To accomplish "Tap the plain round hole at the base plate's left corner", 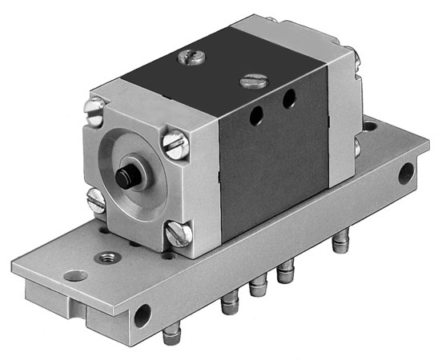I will [x=75, y=275].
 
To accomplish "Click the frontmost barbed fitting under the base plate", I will [x=170, y=334].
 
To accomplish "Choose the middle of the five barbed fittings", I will [x=256, y=287].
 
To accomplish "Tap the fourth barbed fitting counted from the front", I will [x=284, y=276].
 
